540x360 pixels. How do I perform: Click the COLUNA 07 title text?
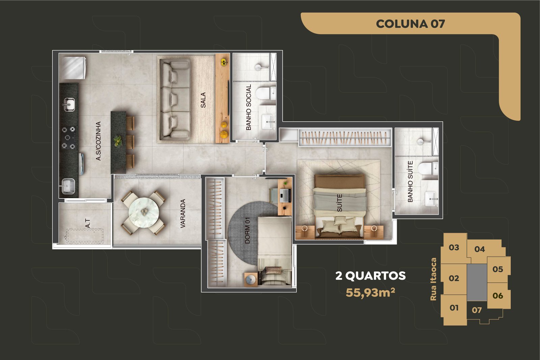point(410,24)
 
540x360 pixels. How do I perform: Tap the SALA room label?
point(203,100)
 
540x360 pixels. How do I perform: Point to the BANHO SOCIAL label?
point(248,107)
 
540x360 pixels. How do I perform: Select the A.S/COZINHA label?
point(98,141)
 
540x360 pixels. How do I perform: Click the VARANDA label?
point(183,214)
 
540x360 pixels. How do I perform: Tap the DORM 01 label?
point(247,230)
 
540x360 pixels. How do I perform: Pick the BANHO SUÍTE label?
point(410,182)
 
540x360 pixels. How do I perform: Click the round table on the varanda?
point(144,213)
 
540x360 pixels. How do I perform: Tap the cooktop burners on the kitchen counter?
point(68,138)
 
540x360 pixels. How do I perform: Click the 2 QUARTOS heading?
point(371,276)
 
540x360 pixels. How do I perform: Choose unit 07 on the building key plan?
point(477,310)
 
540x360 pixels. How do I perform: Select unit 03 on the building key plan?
point(454,247)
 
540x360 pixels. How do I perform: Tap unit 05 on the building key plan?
point(498,269)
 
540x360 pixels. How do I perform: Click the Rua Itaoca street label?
point(433,279)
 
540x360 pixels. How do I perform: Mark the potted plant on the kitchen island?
point(118,140)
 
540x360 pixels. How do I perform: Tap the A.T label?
point(88,223)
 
